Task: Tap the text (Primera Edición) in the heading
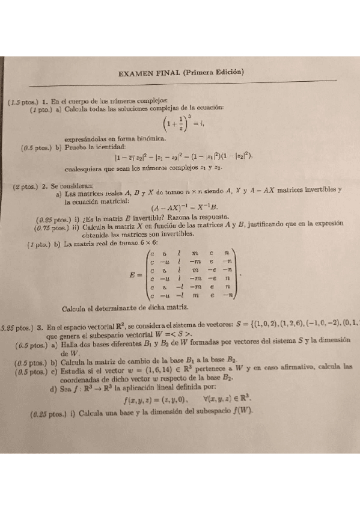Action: tap(213, 72)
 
